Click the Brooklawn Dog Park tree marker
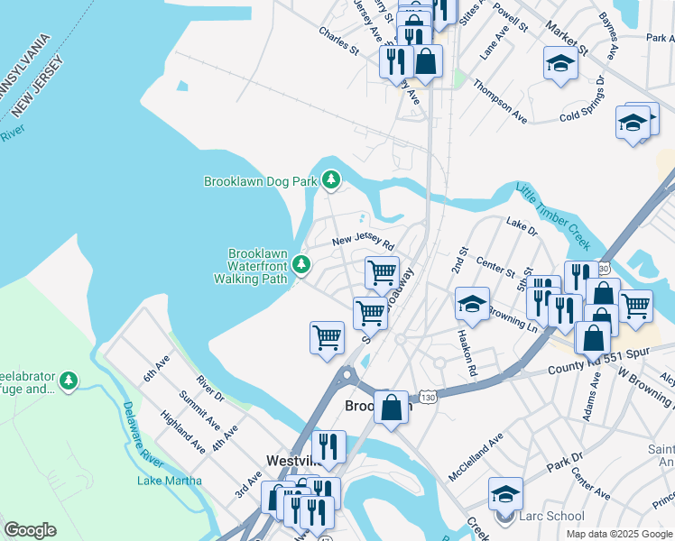pyautogui.click(x=331, y=181)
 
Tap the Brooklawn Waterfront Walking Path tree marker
pyautogui.click(x=301, y=265)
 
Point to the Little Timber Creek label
pyautogui.click(x=552, y=217)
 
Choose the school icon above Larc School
pyautogui.click(x=505, y=494)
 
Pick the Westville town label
pyautogui.click(x=291, y=461)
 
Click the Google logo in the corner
pyautogui.click(x=30, y=530)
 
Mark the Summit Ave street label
pyautogui.click(x=199, y=410)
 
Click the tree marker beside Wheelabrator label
pyautogui.click(x=69, y=382)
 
